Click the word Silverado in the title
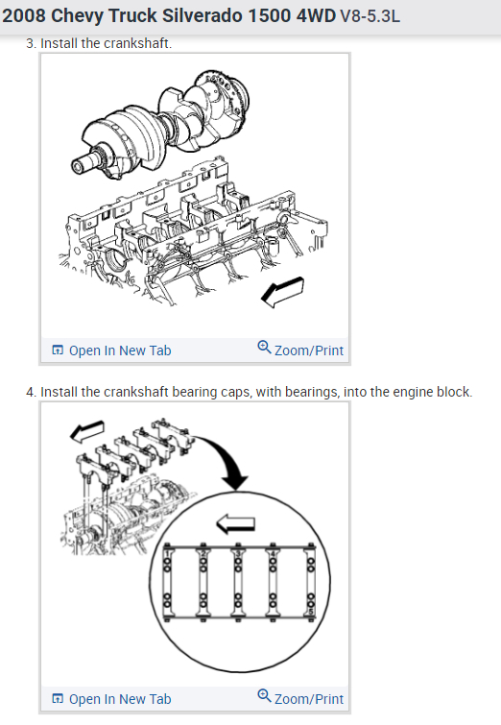tap(202, 15)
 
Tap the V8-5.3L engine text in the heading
tap(370, 16)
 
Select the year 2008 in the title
tap(24, 15)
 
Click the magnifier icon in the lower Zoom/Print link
tap(264, 696)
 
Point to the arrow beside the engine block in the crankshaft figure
tap(282, 292)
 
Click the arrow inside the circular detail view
tap(236, 523)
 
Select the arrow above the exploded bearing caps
tap(86, 430)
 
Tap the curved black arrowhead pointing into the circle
tap(235, 482)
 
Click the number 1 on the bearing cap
tap(168, 553)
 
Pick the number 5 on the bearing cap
tap(311, 612)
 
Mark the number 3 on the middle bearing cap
tap(238, 553)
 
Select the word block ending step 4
tap(456, 392)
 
